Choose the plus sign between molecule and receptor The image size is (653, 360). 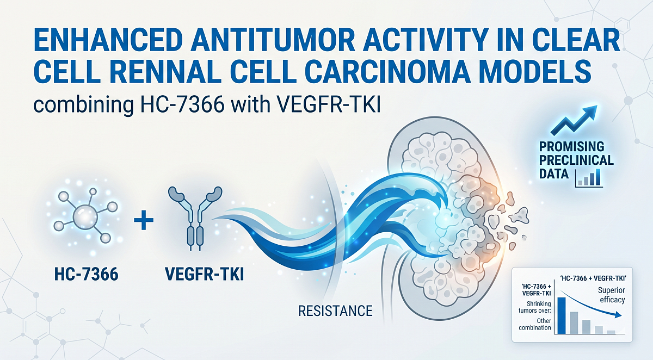point(143,221)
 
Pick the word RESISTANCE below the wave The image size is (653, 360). point(335,311)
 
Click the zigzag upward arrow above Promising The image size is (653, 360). point(574,120)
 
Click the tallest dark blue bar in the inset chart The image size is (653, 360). point(562,314)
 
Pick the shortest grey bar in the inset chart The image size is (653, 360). point(611,331)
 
